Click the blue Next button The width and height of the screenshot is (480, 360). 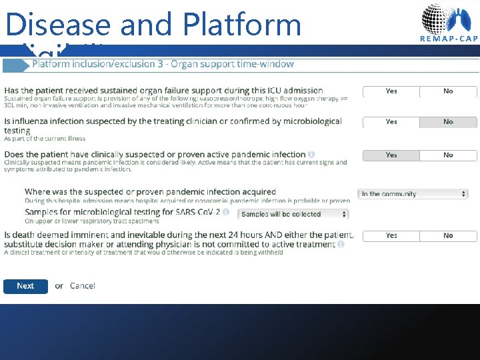coord(25,286)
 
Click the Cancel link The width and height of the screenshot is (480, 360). coord(83,286)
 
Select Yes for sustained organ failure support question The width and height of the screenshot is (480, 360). coord(391,91)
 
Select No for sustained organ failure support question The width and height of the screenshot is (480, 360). coord(448,91)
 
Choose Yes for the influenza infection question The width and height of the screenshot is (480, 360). coord(391,122)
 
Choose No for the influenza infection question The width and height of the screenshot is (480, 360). coord(448,122)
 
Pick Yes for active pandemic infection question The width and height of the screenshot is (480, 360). coord(391,155)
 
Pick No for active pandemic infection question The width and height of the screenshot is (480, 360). coord(448,155)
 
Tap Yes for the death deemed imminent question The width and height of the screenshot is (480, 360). coord(391,236)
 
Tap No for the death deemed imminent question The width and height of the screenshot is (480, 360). coord(448,236)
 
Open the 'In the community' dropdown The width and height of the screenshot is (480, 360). coord(413,194)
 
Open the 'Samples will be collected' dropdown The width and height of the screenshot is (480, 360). coord(293,214)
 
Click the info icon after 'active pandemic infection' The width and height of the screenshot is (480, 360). coord(311,155)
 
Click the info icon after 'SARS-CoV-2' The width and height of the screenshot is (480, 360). coord(226,213)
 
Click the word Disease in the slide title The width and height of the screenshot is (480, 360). coord(58,25)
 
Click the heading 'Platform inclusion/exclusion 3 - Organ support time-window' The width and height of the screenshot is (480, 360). coord(163,64)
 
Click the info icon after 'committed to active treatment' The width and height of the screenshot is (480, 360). coord(341,245)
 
